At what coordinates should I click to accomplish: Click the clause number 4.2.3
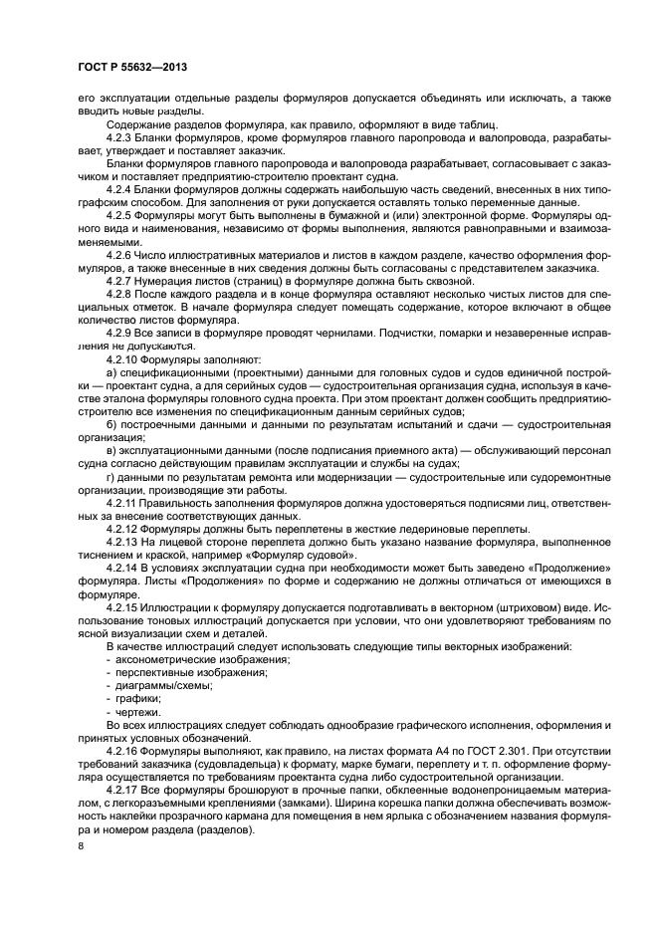[120, 136]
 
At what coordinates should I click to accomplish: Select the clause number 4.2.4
[120, 187]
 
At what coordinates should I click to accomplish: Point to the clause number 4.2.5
[120, 214]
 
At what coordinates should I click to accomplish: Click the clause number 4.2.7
[120, 280]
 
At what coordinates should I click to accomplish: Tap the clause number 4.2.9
[120, 332]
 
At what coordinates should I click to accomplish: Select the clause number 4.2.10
[123, 357]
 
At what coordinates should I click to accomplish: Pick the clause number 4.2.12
[123, 528]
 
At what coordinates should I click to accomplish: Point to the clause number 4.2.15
[123, 606]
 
